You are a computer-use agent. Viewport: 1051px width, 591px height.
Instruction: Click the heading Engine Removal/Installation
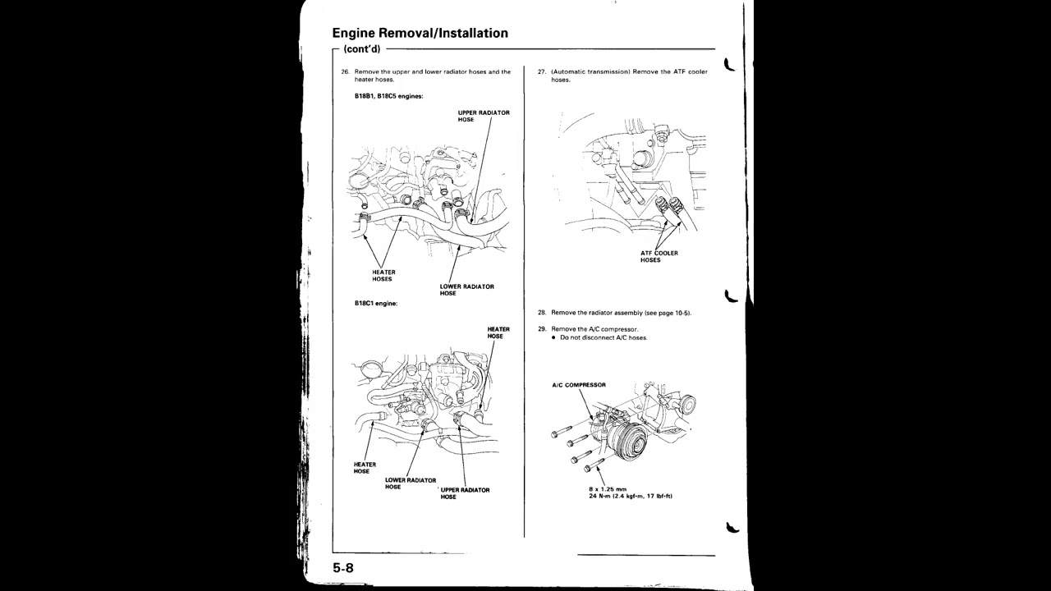pos(420,34)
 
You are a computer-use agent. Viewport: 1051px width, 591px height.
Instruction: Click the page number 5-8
pos(343,568)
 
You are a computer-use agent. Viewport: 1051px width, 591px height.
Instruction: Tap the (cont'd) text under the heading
pos(362,49)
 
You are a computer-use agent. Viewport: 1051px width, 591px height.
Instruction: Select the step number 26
pos(346,72)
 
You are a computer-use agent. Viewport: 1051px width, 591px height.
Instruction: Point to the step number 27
pos(542,72)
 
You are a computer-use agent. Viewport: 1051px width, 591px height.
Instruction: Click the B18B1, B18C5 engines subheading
pos(388,96)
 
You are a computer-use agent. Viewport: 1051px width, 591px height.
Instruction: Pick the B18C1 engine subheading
pos(376,303)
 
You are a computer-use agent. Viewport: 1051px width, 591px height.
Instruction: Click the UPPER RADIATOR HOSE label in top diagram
pos(483,116)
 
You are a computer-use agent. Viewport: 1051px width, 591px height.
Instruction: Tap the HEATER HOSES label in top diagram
pos(383,276)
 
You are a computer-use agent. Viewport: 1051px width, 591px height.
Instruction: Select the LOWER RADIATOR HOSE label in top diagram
pos(466,290)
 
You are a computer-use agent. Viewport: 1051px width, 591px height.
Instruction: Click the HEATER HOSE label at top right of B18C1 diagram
pos(498,332)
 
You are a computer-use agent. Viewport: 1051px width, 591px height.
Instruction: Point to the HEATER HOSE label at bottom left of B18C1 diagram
pos(365,468)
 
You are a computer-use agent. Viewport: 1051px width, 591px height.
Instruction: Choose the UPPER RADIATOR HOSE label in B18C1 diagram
pos(465,493)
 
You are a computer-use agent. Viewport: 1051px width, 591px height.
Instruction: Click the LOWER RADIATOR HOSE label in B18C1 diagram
pos(410,483)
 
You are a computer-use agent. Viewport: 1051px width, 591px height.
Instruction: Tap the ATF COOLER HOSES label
pos(659,257)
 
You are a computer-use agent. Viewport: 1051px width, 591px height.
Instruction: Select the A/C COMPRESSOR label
pos(579,385)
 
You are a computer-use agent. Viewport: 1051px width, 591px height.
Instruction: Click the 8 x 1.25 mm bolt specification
pos(607,489)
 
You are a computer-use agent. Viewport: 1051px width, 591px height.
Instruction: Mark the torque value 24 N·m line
pos(631,496)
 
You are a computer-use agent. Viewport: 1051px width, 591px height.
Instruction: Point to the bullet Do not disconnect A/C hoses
pos(603,337)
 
